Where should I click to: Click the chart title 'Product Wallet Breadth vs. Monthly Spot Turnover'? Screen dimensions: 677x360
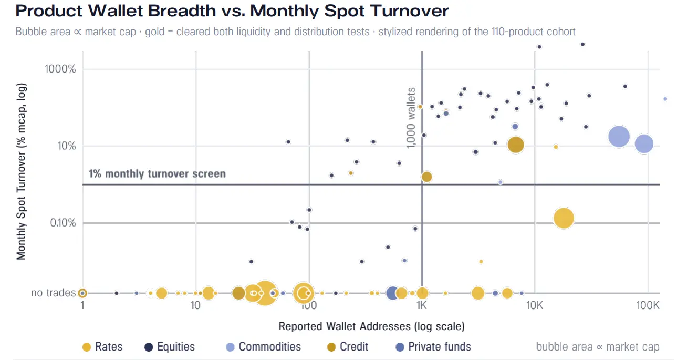click(232, 11)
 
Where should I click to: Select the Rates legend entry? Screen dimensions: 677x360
click(102, 347)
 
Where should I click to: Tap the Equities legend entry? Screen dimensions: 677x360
click(170, 347)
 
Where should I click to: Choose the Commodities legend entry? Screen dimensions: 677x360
click(263, 347)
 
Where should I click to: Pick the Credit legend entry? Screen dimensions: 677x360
click(348, 347)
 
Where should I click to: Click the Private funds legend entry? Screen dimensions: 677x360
click(433, 347)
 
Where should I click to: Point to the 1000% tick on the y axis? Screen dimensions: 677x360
click(60, 69)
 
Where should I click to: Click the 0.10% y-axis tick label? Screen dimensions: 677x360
click(63, 223)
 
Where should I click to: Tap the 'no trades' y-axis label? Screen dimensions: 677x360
click(53, 293)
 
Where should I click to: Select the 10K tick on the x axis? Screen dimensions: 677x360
click(535, 305)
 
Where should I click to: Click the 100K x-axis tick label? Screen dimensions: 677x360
click(648, 305)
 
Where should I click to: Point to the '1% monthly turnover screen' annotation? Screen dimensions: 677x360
click(157, 174)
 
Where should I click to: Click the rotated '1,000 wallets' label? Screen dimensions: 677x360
click(411, 118)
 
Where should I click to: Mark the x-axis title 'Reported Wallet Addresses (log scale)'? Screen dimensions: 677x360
click(371, 326)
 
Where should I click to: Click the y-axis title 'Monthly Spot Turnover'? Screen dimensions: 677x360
click(21, 171)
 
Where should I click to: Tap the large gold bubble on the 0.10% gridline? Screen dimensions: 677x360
click(564, 218)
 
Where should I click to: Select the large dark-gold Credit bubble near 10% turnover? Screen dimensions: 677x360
click(516, 145)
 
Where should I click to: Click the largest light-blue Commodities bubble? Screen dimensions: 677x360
click(619, 137)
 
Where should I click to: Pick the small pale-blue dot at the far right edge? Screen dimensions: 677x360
click(665, 99)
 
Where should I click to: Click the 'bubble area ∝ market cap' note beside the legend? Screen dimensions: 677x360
click(598, 347)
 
